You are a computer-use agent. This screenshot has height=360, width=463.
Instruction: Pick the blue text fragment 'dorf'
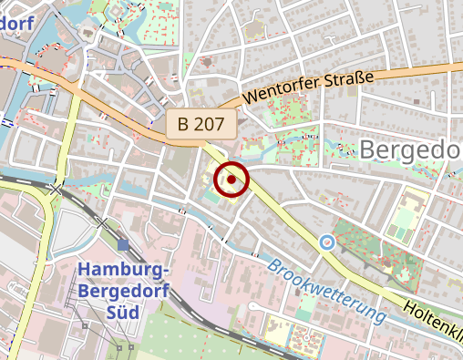(x=18, y=19)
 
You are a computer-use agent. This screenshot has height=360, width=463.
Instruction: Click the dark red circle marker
(x=231, y=180)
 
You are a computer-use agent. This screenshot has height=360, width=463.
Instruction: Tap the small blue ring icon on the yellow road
(x=326, y=242)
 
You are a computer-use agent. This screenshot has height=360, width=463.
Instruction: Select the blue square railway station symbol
(x=123, y=244)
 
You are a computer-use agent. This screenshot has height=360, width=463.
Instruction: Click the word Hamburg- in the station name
(x=123, y=270)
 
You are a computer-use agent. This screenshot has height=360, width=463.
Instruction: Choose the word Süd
(x=123, y=312)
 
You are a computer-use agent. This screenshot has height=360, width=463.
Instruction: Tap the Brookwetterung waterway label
(x=324, y=292)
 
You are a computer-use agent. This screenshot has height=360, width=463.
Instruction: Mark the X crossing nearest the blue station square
(x=102, y=221)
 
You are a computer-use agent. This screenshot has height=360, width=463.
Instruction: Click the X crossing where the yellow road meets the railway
(x=59, y=189)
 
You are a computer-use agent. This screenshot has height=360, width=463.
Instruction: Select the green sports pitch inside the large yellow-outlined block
(x=402, y=219)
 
